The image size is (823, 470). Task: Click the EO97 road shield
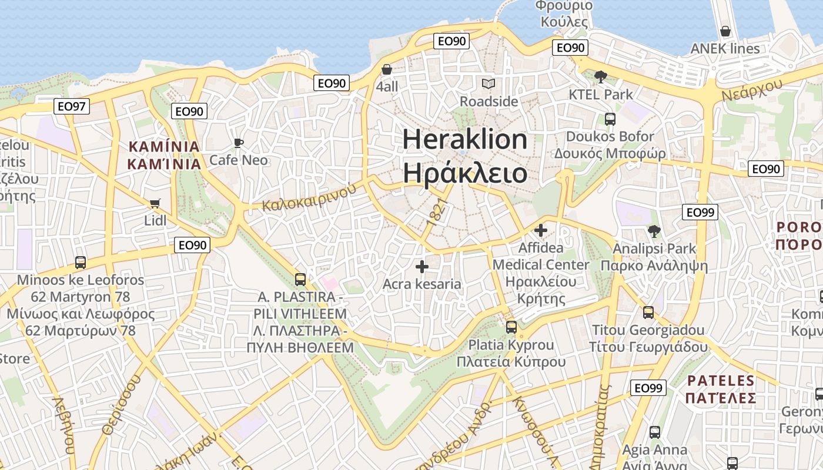[72, 106]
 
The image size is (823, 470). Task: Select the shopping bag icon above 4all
[387, 69]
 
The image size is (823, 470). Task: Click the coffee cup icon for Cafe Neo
[238, 143]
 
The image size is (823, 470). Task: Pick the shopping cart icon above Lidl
[155, 204]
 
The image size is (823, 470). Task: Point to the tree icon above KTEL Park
[600, 76]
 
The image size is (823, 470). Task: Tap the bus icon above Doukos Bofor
[610, 119]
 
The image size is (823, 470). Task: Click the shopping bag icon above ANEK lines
[725, 31]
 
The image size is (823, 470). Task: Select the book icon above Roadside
[489, 84]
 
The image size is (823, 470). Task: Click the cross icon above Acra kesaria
[421, 267]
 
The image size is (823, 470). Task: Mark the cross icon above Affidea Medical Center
[540, 230]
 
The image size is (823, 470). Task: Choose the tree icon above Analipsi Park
[654, 231]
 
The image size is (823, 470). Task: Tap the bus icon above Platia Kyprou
[511, 327]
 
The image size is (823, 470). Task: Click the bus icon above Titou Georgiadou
[648, 313]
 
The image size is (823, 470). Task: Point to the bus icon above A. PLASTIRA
[300, 279]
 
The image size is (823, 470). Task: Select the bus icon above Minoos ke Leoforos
[81, 262]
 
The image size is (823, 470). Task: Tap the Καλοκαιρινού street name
[310, 197]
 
